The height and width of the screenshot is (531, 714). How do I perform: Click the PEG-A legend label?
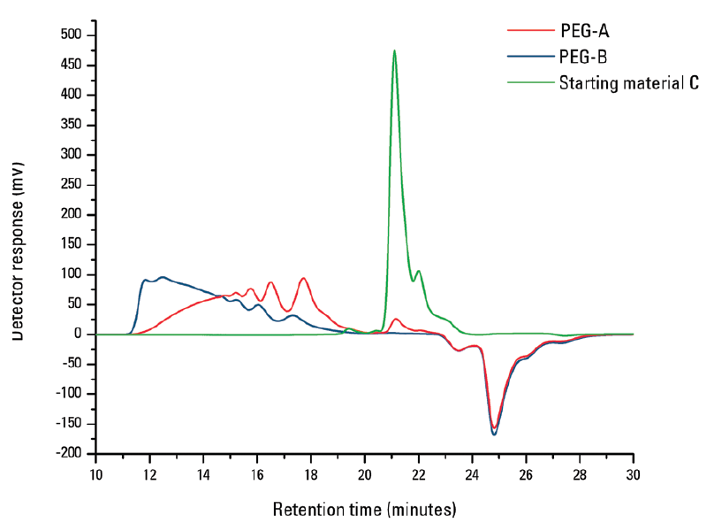coord(584,31)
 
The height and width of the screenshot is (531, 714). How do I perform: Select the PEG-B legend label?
coord(584,58)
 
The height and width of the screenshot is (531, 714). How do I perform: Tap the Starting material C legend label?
coord(628,84)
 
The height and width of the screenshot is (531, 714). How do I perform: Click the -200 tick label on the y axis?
coord(72,453)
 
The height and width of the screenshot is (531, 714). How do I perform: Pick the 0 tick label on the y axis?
coord(79,334)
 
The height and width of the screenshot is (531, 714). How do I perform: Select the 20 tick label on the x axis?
coord(365,473)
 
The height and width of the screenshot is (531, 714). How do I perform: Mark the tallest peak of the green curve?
coord(394,50)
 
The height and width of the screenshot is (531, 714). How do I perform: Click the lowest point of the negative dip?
coord(494,434)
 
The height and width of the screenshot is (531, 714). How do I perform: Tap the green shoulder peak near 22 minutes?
coord(419,271)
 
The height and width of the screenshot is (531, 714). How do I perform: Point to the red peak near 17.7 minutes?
coord(303,278)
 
